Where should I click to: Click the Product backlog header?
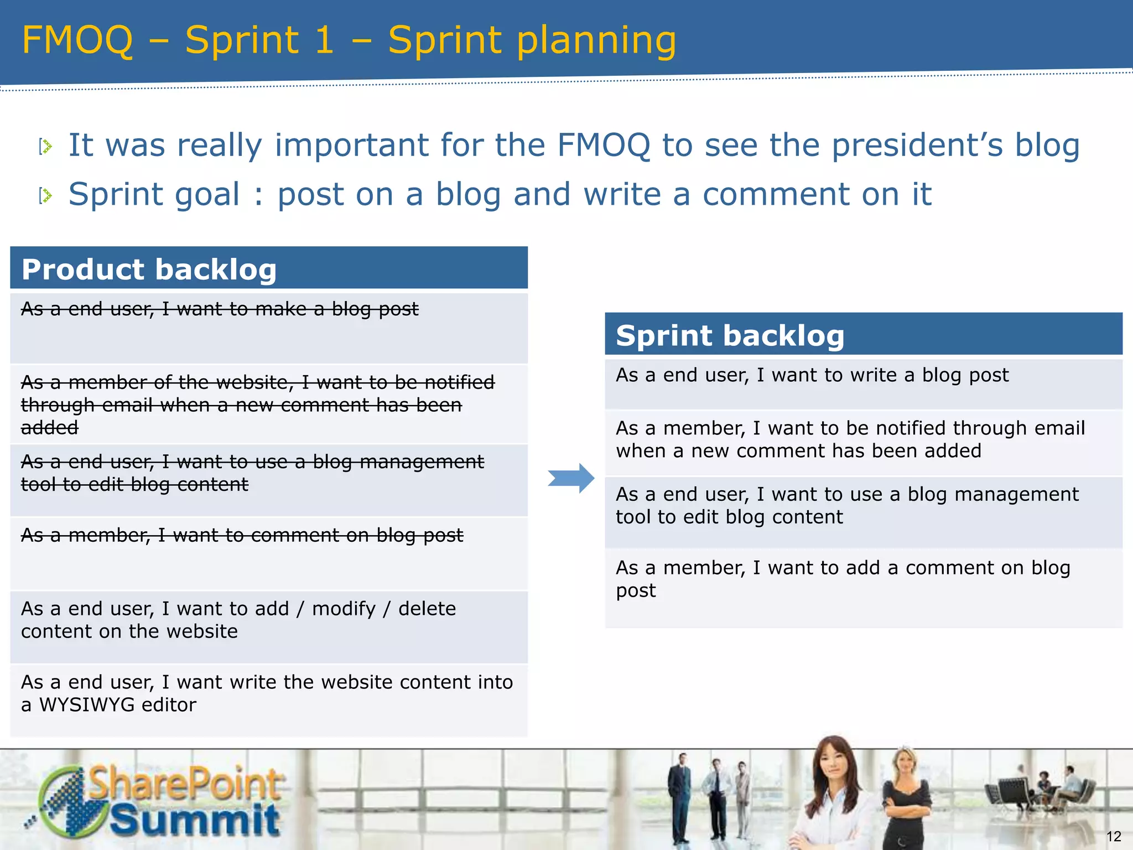(x=149, y=269)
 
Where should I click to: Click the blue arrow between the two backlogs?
(x=571, y=478)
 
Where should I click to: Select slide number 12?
(x=1113, y=836)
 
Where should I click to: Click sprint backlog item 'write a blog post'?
(x=812, y=375)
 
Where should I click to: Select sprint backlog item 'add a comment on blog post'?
(x=843, y=579)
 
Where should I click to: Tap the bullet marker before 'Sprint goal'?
(x=46, y=195)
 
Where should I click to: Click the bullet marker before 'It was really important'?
(x=46, y=147)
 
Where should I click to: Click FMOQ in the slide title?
(x=77, y=40)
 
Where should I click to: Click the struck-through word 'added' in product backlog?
(x=50, y=428)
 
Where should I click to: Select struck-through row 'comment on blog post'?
(x=242, y=536)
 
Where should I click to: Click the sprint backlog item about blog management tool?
(x=846, y=506)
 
